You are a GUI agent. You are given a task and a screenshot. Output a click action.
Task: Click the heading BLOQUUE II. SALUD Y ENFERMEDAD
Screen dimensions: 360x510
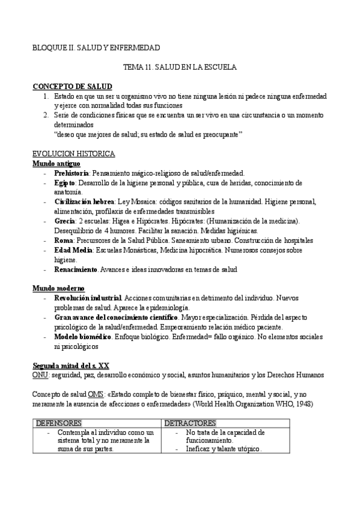pyautogui.click(x=96, y=48)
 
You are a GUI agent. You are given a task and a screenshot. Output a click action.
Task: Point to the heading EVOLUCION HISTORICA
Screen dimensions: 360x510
pyautogui.click(x=70, y=155)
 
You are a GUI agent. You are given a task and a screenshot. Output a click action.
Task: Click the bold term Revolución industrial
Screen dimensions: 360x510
pyautogui.click(x=88, y=298)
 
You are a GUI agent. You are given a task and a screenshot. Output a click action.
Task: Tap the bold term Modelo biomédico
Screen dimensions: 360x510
pyautogui.click(x=82, y=337)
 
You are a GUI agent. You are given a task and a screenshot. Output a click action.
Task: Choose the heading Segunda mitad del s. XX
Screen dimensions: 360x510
pyautogui.click(x=70, y=366)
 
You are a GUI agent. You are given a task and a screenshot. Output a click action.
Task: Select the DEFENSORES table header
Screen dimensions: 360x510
pyautogui.click(x=59, y=423)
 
